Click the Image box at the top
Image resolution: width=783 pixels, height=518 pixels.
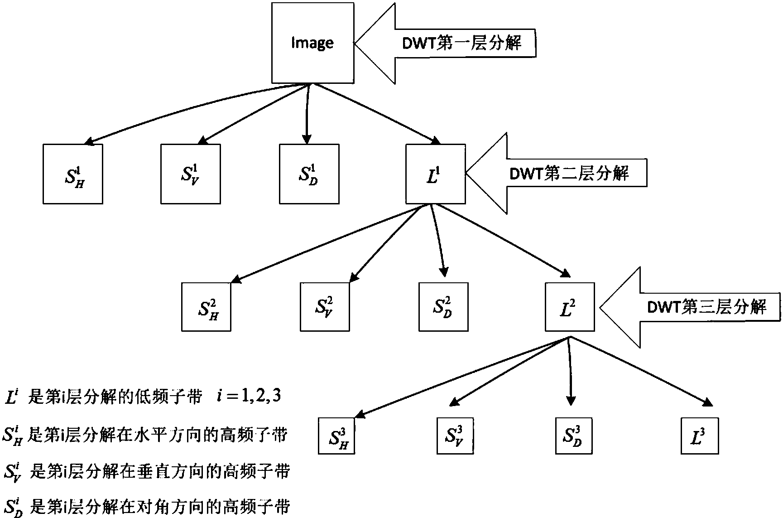(312, 43)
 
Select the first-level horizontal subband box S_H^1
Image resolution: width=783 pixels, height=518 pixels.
(73, 174)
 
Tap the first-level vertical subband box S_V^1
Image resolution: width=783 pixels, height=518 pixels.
(191, 174)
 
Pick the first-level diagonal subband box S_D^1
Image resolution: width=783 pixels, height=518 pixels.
(309, 174)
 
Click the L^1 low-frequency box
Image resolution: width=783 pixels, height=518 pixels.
(435, 174)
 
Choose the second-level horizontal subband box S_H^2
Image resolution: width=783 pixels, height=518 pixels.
(206, 307)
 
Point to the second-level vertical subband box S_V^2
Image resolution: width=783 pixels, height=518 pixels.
(325, 307)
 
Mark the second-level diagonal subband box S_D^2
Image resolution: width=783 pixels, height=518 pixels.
(443, 307)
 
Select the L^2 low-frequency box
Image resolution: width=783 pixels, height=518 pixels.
(570, 307)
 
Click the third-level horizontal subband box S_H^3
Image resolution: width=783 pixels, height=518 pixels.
(336, 436)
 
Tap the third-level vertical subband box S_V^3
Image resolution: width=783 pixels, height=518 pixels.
(455, 436)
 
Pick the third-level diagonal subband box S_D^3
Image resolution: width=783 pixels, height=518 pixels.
(574, 436)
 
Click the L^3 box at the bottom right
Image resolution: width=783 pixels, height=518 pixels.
(700, 436)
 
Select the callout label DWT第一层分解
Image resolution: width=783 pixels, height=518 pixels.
(462, 44)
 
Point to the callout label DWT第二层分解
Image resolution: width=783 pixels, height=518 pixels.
(569, 173)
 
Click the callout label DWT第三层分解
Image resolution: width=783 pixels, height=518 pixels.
(706, 307)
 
